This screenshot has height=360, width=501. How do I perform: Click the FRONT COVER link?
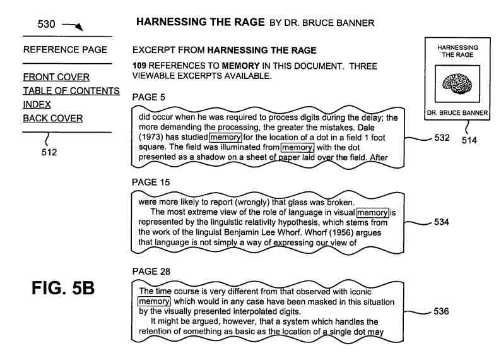56,78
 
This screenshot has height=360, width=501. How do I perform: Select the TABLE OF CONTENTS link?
71,91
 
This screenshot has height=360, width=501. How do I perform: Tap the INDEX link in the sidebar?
37,105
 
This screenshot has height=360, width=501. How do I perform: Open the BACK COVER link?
53,118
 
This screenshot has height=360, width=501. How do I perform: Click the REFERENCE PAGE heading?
65,50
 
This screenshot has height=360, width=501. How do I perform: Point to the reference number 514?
469,140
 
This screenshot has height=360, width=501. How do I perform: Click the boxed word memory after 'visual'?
372,212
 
